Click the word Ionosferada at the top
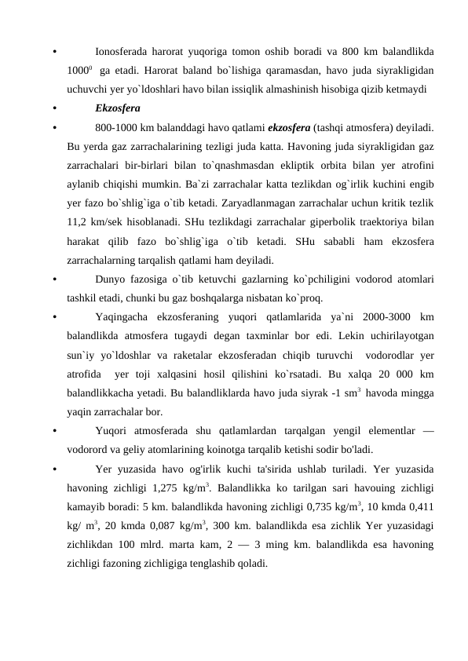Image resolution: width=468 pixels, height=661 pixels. (122, 53)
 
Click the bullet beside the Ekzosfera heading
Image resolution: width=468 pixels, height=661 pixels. (49, 107)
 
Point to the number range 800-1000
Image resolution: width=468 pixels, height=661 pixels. (115, 126)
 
